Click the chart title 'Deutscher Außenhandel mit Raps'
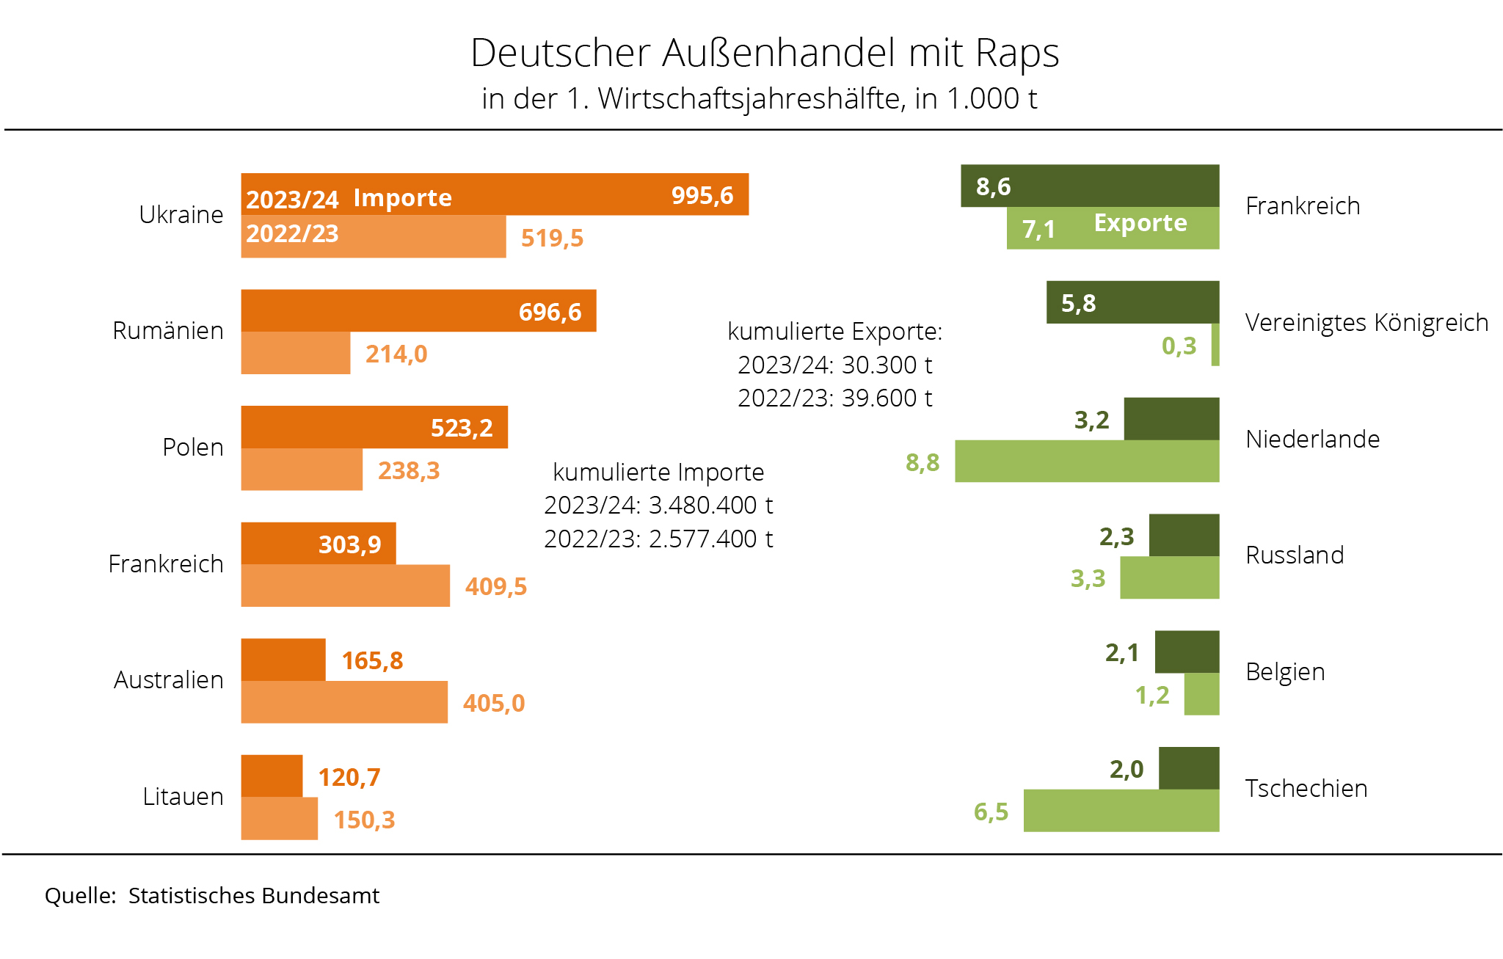(765, 53)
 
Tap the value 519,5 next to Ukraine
(552, 238)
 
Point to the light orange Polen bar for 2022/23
(302, 470)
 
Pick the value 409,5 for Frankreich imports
(496, 586)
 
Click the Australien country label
(169, 680)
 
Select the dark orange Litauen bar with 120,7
(272, 776)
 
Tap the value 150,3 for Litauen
(364, 820)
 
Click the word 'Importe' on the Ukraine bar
(402, 198)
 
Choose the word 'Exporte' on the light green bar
(1140, 223)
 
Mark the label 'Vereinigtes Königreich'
(1366, 323)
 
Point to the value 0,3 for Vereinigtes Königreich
(1179, 346)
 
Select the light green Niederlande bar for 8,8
(1087, 462)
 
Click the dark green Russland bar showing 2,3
(1184, 536)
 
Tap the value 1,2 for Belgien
(1152, 695)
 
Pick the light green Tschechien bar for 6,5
(1121, 811)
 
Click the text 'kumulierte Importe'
(658, 473)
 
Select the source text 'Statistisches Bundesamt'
(254, 896)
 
